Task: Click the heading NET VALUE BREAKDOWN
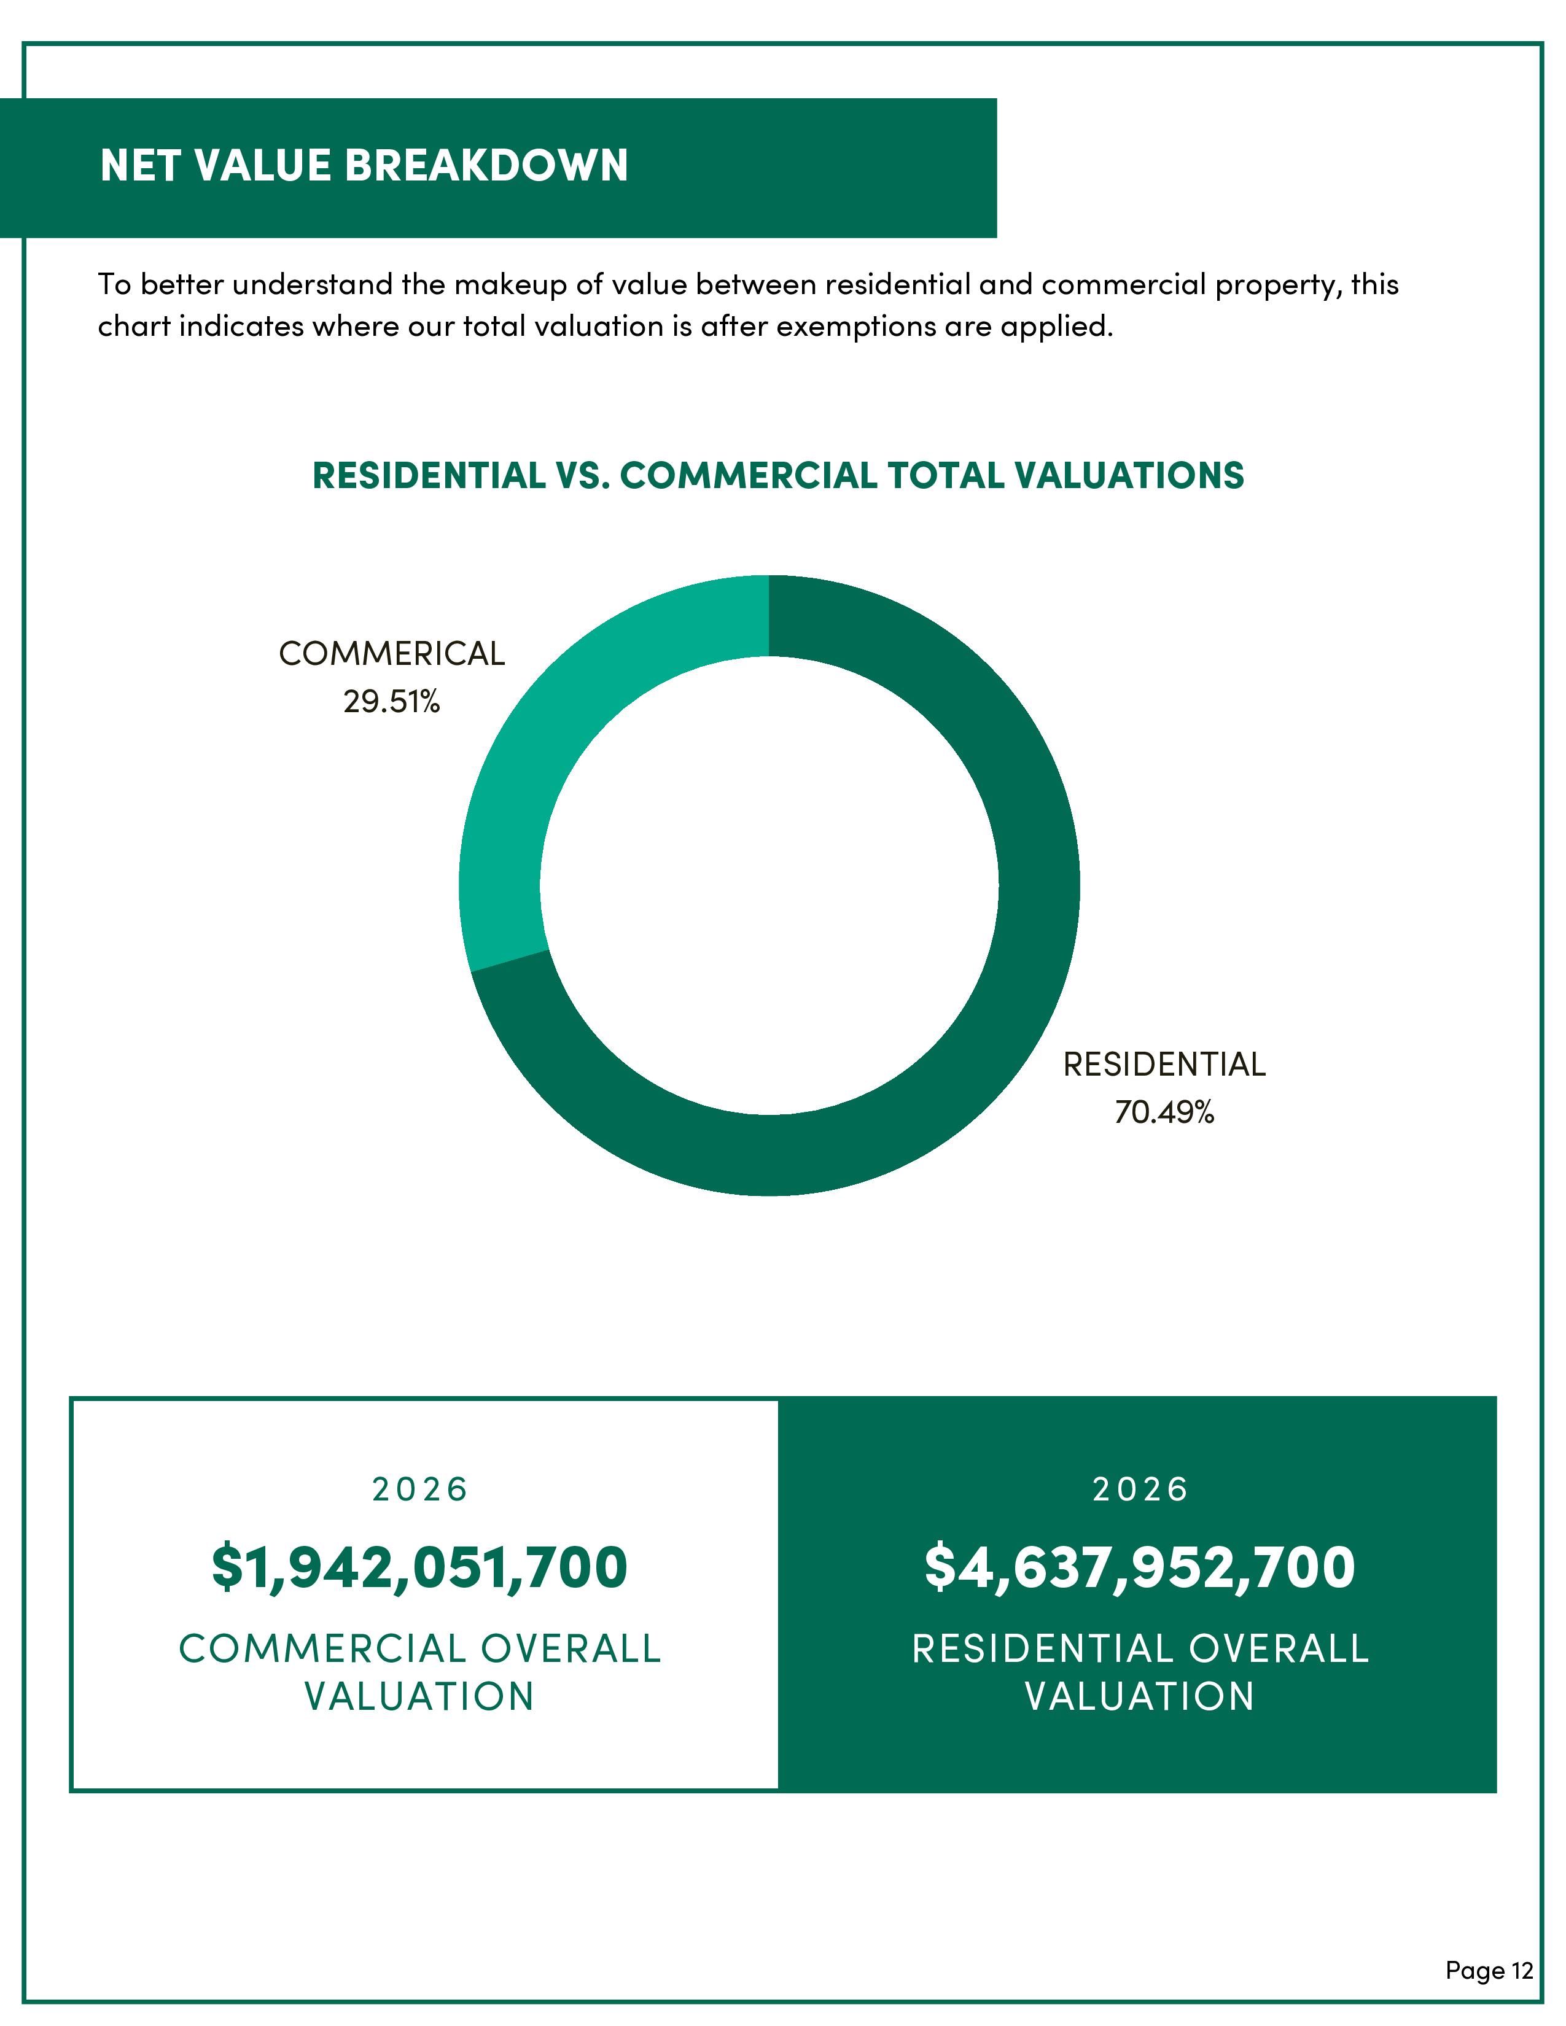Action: tap(364, 165)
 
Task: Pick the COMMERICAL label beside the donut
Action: tap(392, 654)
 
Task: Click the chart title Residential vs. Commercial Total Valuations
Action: tap(777, 475)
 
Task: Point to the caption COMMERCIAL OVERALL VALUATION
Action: tap(419, 1672)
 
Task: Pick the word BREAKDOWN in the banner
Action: tap(486, 165)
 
